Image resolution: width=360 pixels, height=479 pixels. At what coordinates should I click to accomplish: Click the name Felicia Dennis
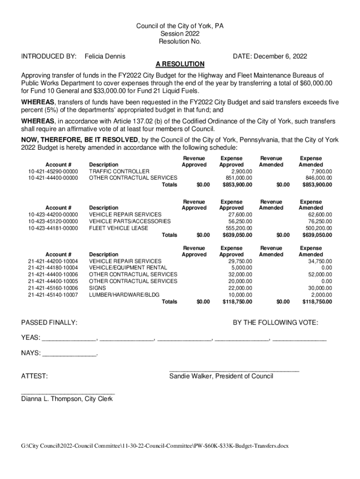(105, 57)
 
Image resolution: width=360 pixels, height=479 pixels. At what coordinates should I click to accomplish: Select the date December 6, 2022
(270, 57)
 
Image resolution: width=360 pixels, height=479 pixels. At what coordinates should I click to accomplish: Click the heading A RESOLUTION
(180, 64)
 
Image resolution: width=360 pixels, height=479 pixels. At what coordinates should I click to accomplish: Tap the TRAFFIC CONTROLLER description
(119, 171)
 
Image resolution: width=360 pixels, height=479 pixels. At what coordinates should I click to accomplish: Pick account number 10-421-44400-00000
(53, 178)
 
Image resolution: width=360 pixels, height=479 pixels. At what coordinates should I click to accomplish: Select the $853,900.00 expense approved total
(237, 185)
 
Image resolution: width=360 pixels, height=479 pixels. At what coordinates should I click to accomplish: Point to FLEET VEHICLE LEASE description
(118, 228)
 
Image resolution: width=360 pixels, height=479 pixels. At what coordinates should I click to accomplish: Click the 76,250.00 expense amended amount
(317, 221)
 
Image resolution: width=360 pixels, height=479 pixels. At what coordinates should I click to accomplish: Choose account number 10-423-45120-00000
(53, 221)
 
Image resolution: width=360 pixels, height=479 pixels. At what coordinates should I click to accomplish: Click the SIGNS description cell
(97, 288)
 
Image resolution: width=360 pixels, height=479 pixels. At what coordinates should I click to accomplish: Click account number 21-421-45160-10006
(53, 288)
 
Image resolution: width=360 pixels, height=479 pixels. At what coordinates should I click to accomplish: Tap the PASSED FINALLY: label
(50, 323)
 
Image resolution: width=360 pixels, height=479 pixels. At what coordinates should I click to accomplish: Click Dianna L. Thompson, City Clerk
(67, 399)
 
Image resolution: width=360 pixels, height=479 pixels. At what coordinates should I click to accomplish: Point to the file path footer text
(155, 446)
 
